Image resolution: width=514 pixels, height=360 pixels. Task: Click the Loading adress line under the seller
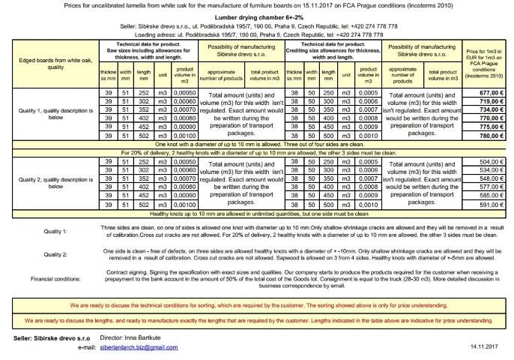[256, 34]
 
